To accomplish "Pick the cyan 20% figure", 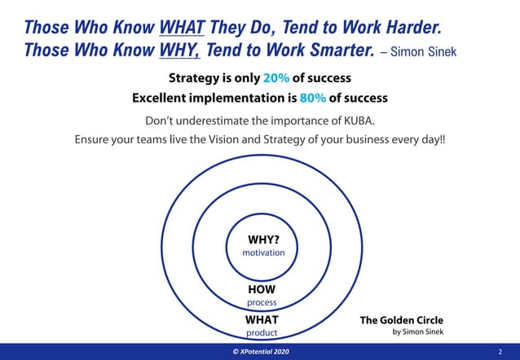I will (x=277, y=79).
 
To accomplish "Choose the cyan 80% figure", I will (x=315, y=98).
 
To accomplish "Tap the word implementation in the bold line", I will (x=246, y=98).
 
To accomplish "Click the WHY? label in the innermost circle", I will (x=263, y=240).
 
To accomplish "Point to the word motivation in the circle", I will (x=263, y=252).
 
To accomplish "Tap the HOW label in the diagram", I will (x=262, y=289).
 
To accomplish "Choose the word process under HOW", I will (x=262, y=302).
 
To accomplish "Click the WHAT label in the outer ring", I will (x=262, y=320).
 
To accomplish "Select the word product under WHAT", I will (x=262, y=332).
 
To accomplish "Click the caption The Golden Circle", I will (x=402, y=320).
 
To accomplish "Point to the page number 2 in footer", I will (x=500, y=351).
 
